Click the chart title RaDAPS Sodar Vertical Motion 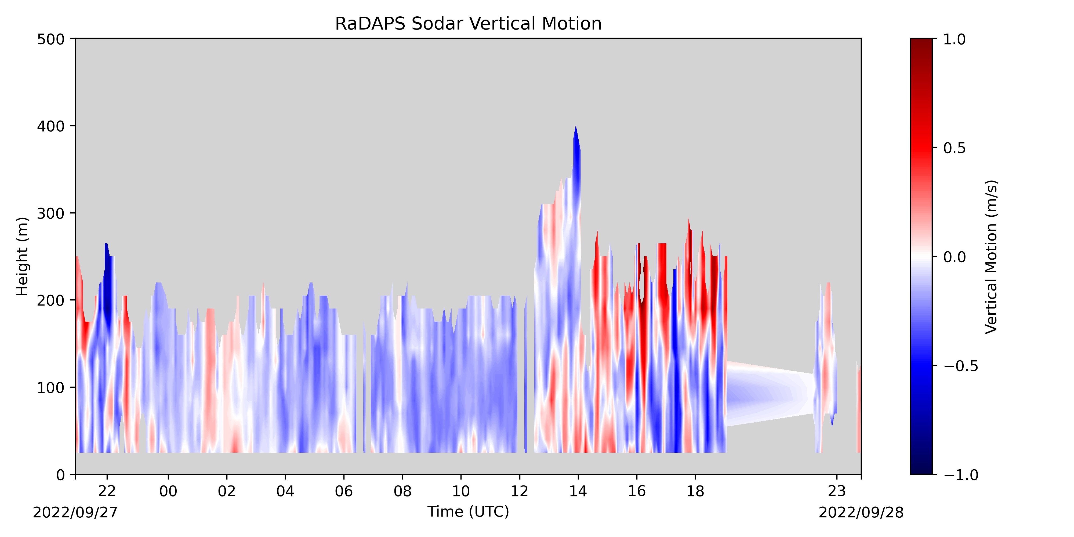coord(468,24)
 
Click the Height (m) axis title coord(23,256)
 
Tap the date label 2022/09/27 coord(75,512)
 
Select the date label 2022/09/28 coord(861,512)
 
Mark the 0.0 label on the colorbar coord(954,257)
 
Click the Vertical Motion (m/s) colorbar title coord(991,256)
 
